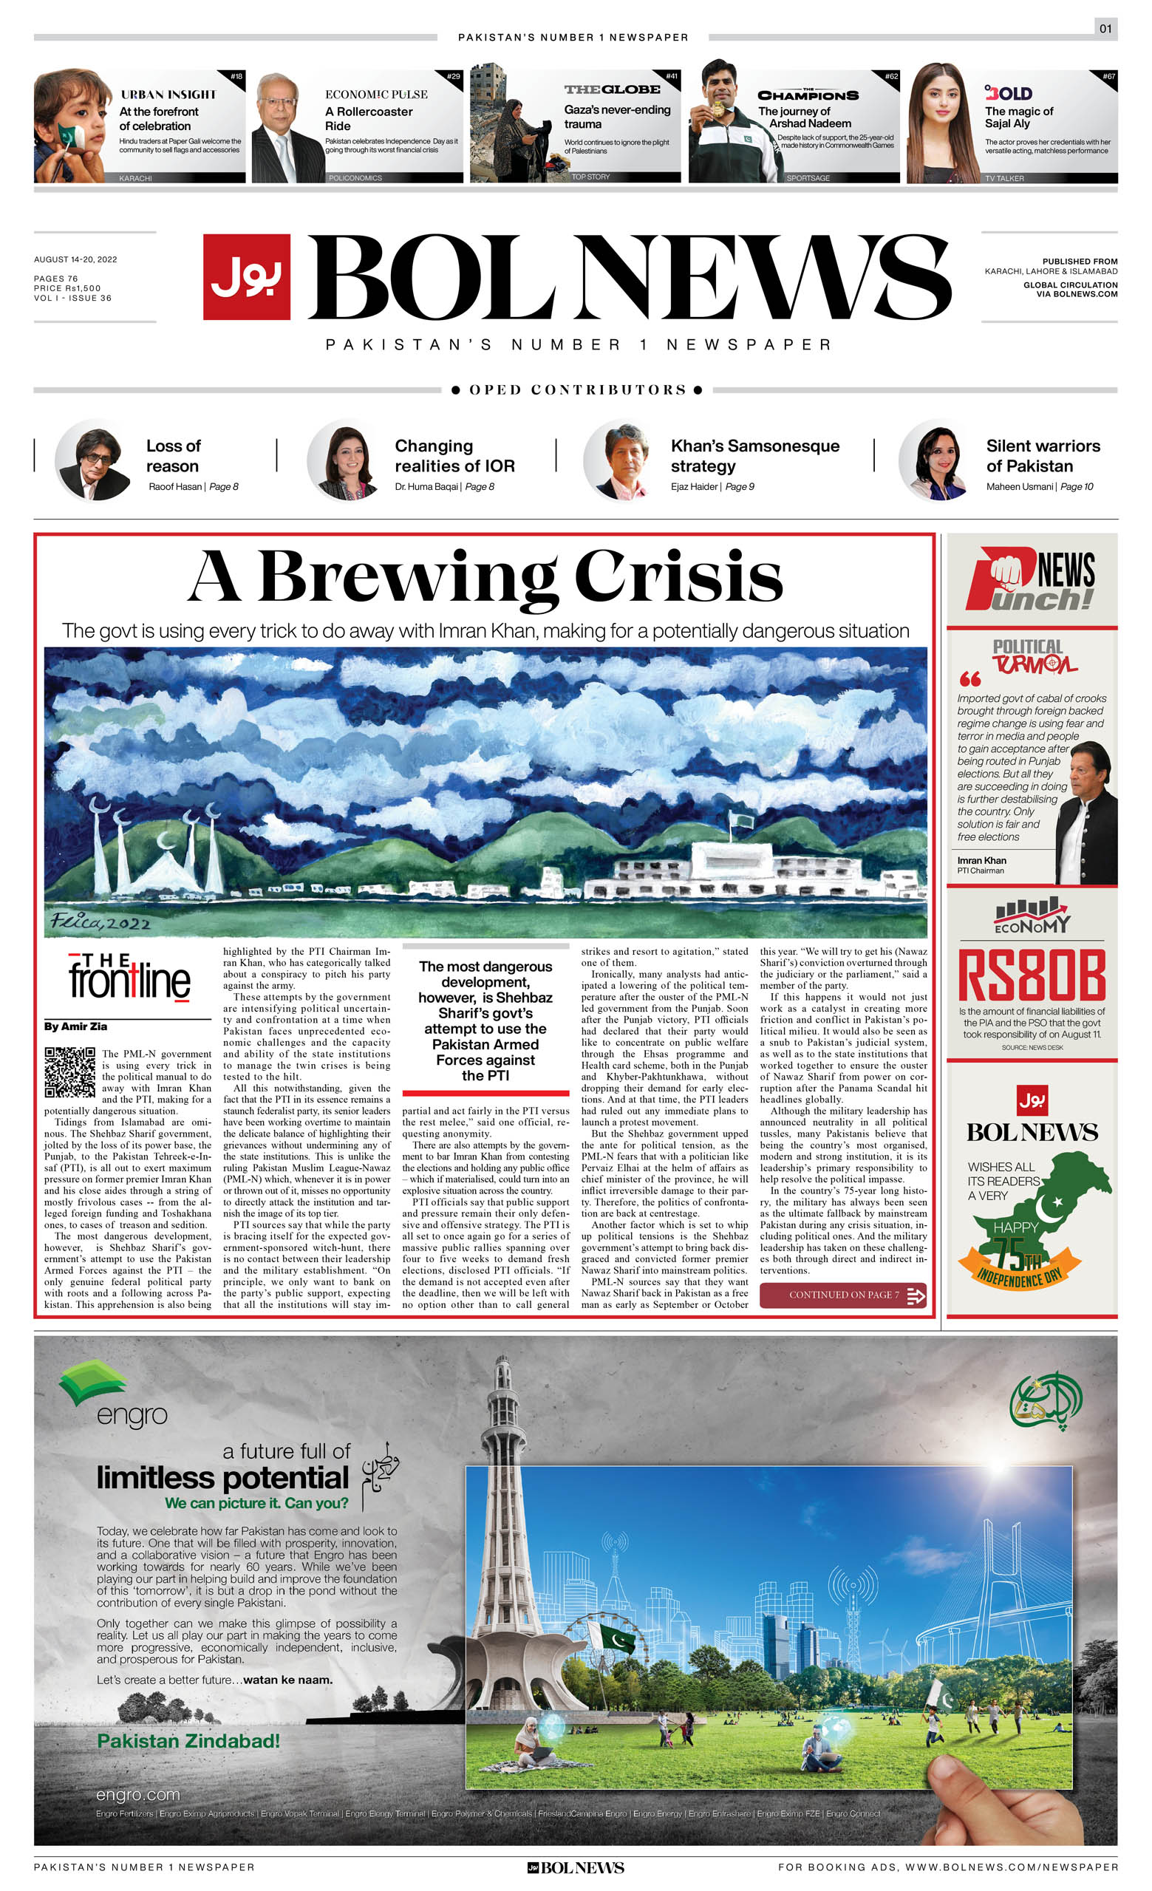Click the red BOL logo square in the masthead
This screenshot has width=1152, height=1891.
point(246,276)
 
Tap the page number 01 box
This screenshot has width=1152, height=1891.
point(1105,29)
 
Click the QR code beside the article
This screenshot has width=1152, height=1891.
point(70,1072)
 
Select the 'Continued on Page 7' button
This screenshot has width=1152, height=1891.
point(842,1295)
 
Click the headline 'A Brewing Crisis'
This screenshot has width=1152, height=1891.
point(485,576)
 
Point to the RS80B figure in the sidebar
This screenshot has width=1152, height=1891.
point(1032,975)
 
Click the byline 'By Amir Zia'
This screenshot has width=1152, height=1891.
point(75,1026)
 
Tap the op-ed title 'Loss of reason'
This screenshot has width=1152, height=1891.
point(173,456)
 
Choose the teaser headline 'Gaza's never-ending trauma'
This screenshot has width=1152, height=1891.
point(616,117)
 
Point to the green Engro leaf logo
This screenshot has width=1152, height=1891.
point(93,1382)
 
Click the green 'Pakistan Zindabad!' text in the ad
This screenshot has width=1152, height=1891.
point(188,1740)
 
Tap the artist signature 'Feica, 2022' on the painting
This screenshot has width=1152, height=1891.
point(100,921)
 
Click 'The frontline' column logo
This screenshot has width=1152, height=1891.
point(128,977)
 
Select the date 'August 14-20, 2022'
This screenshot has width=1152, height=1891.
point(75,259)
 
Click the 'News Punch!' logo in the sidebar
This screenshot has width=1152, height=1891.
point(1031,581)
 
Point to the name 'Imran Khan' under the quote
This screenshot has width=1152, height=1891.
point(981,860)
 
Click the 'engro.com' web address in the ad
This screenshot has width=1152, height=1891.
point(137,1794)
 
